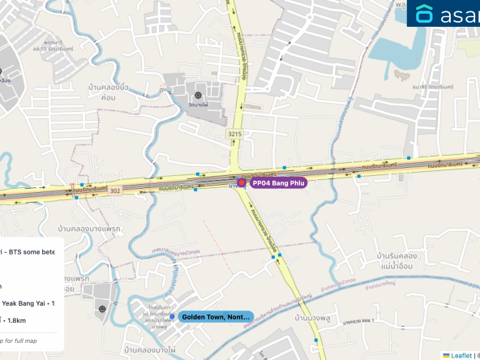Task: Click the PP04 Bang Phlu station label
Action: tap(277, 183)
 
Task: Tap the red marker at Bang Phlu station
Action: tap(241, 183)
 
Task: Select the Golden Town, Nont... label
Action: tap(216, 317)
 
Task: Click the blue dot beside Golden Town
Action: tap(172, 317)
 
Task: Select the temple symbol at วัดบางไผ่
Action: tap(199, 96)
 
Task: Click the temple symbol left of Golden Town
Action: tap(102, 308)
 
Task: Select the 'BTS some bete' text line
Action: tap(28, 252)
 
